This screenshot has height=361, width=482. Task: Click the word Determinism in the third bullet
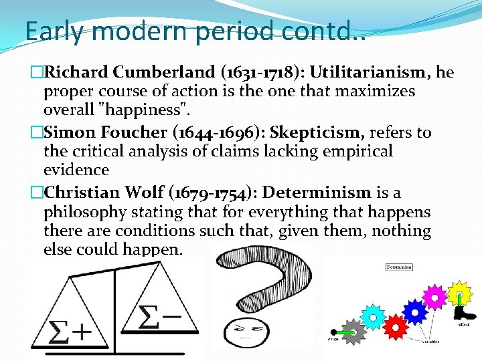pos(317,193)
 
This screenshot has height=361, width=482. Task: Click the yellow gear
pos(460,292)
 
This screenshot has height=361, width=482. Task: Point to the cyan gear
pos(372,316)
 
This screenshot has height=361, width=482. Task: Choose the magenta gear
pos(435,295)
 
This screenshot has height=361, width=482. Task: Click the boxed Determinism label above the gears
pos(399,267)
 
